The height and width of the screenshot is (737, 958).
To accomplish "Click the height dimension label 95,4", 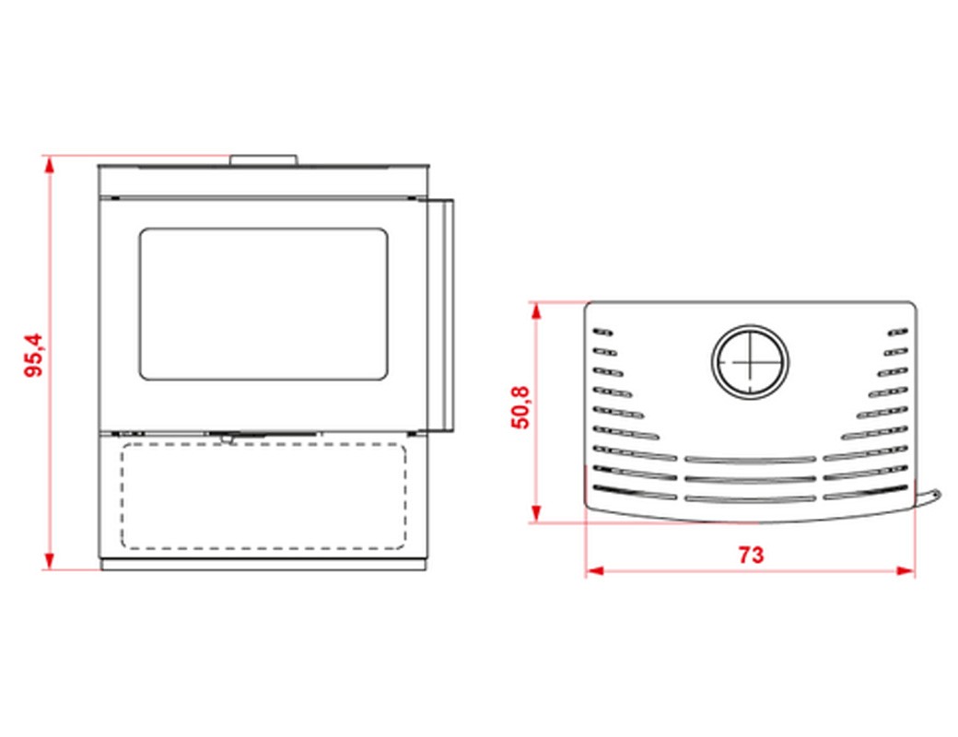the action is click(x=34, y=355).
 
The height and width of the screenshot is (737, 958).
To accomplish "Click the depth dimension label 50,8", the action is click(x=520, y=407).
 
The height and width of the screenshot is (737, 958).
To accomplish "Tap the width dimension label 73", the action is click(x=751, y=555).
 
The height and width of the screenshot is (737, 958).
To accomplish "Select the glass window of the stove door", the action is click(x=263, y=304).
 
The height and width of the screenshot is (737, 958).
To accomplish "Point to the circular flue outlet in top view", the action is click(x=750, y=361).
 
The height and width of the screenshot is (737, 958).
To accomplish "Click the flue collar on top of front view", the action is click(x=264, y=160).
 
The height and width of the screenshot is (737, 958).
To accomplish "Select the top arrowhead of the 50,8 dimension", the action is click(x=536, y=311).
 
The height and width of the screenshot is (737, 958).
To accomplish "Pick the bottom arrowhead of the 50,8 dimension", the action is click(x=536, y=513).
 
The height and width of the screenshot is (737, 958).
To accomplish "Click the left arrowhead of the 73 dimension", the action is click(x=595, y=571).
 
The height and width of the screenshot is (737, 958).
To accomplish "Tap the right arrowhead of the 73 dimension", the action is click(x=905, y=571).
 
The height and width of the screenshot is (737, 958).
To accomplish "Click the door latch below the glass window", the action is click(x=227, y=437).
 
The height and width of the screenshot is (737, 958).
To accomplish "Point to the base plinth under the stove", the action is click(x=263, y=566).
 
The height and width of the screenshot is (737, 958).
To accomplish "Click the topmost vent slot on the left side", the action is click(x=602, y=332).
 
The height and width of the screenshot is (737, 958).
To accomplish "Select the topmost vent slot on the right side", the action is click(x=898, y=332).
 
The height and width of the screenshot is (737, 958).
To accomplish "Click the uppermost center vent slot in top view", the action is click(x=750, y=459).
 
